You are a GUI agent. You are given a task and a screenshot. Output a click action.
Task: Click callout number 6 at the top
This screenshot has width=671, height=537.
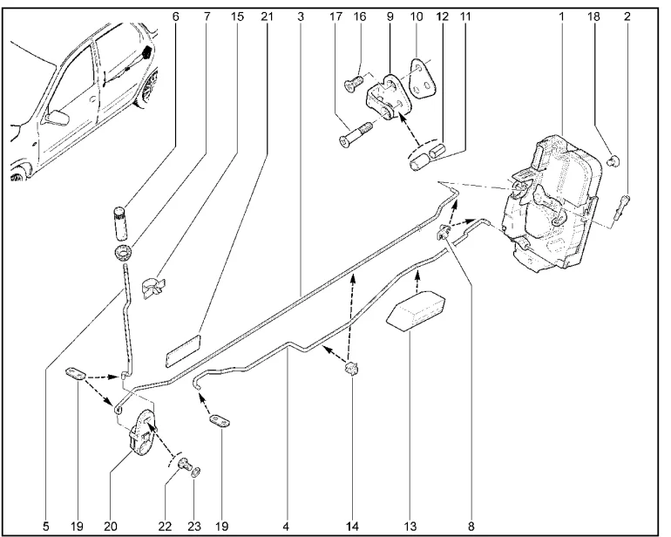point(176,16)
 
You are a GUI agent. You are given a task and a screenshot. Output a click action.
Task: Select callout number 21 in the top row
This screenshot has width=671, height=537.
point(264,16)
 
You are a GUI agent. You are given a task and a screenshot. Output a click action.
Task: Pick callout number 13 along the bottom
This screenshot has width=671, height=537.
point(410,527)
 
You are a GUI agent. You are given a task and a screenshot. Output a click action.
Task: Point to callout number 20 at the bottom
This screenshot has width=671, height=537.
point(111,527)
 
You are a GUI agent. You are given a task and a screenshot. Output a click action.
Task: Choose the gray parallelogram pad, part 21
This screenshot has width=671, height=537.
point(183,347)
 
